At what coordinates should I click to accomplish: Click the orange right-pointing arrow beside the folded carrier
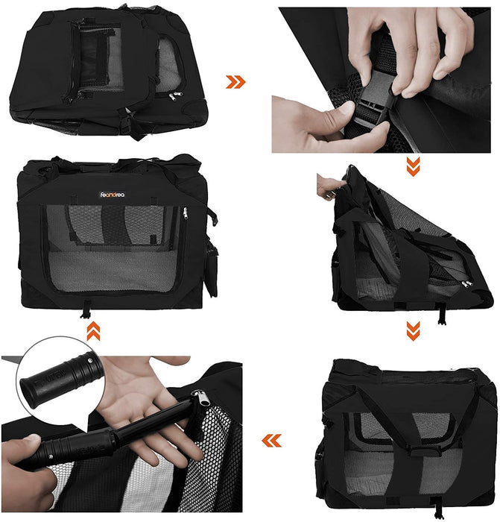click(235, 82)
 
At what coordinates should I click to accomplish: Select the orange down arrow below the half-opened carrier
click(412, 328)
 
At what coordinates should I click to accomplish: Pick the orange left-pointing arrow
click(271, 441)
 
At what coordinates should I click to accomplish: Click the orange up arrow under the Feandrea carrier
click(93, 332)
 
